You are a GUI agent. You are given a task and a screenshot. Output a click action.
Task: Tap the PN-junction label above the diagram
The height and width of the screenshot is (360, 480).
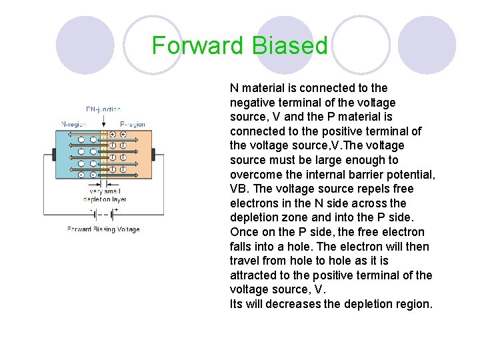(x=103, y=109)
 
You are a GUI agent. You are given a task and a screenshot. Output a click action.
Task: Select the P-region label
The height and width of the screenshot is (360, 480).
(x=133, y=124)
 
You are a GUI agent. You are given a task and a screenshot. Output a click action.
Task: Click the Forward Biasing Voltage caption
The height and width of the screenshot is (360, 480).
(x=103, y=229)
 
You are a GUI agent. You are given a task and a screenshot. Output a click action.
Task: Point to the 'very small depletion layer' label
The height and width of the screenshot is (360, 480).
(x=103, y=195)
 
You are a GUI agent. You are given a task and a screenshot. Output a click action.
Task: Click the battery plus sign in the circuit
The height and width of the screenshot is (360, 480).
(x=116, y=209)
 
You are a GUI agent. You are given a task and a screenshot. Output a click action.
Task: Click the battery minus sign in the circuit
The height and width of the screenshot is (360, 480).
(x=91, y=209)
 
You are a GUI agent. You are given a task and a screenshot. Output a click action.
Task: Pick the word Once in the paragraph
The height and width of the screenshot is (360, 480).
(x=244, y=232)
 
